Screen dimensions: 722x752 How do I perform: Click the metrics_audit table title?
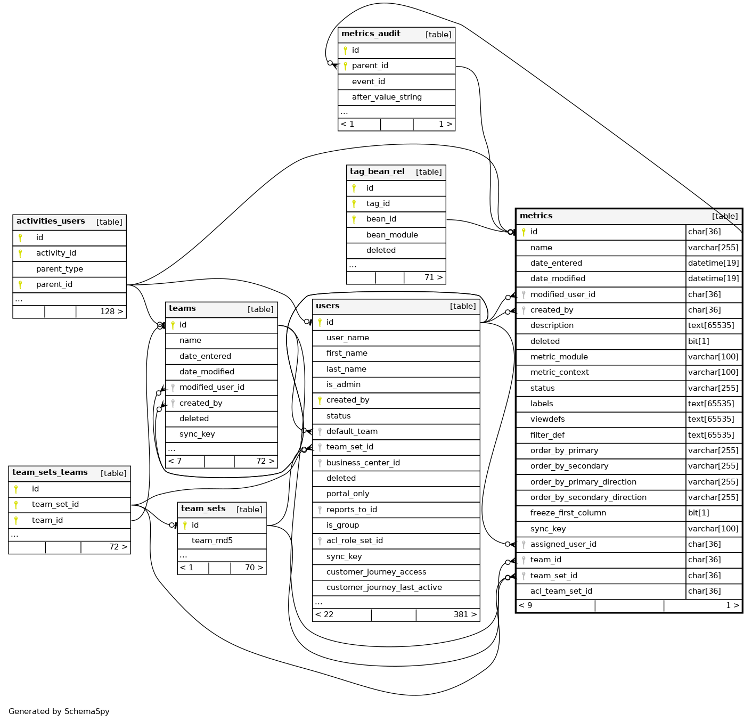[371, 34]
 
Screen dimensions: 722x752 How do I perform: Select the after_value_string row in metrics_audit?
[387, 97]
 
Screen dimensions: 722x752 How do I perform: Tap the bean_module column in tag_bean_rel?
[392, 235]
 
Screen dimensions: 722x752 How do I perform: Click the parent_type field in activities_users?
[60, 269]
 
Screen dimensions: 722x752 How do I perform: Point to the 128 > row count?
[111, 311]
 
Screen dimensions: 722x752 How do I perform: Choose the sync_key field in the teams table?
[197, 434]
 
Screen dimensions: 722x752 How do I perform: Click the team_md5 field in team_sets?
[212, 540]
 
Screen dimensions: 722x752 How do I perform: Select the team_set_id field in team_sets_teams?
[55, 504]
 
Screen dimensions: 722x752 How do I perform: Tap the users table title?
[328, 306]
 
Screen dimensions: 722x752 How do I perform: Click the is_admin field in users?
[344, 384]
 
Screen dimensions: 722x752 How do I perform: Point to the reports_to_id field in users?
[352, 510]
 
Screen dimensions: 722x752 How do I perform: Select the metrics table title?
[536, 216]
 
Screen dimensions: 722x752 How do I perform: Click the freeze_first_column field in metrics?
[568, 513]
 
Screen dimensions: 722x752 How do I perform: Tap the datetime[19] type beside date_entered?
[713, 263]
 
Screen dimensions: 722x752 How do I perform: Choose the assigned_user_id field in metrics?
[563, 544]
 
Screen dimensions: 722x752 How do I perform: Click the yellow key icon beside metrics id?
[524, 232]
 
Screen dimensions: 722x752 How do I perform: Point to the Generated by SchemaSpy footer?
[59, 711]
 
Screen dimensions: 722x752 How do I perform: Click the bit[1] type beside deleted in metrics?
[699, 341]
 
